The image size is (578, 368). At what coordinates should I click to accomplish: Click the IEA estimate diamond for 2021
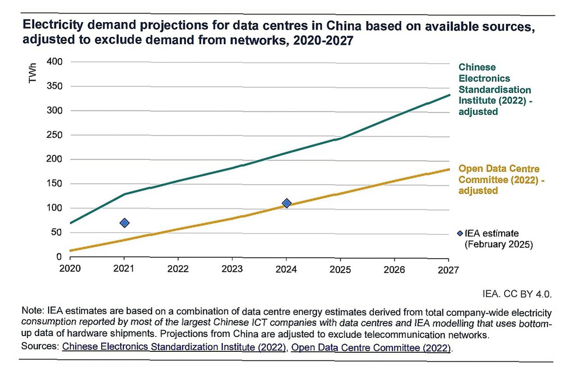pyautogui.click(x=125, y=223)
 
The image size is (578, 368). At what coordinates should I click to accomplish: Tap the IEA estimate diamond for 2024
pyautogui.click(x=287, y=203)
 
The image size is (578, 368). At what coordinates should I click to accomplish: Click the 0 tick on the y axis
pyautogui.click(x=59, y=257)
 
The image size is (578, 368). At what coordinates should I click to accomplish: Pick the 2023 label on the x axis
pyautogui.click(x=232, y=269)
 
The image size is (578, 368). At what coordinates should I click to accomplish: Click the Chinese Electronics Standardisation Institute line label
pyautogui.click(x=494, y=89)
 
